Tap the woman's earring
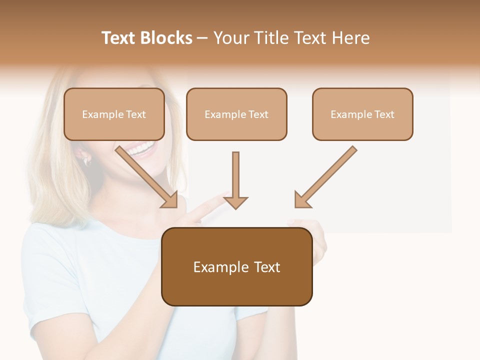pyautogui.click(x=86, y=161)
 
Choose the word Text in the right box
pyautogui.click(x=384, y=114)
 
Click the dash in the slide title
pyautogui.click(x=202, y=38)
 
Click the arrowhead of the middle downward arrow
pyautogui.click(x=235, y=202)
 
